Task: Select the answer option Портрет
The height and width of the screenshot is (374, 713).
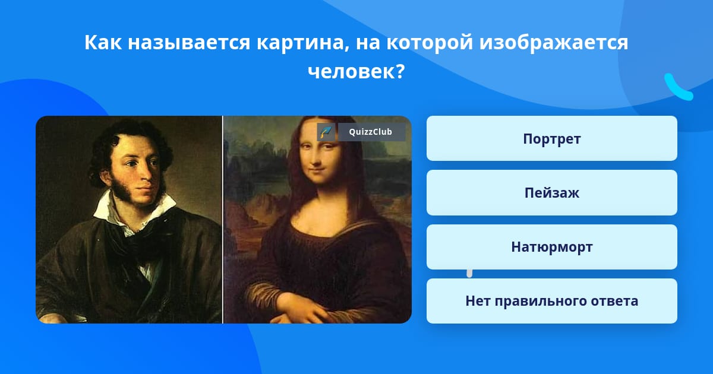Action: (551, 138)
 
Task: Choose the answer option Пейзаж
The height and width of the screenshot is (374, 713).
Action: (551, 192)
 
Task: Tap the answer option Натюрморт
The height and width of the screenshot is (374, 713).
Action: (551, 247)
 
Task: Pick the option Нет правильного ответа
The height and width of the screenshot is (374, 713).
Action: (551, 301)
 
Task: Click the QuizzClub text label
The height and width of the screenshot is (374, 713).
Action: (370, 132)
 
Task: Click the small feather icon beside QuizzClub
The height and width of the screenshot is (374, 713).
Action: (326, 132)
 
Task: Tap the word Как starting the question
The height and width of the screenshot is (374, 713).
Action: (102, 42)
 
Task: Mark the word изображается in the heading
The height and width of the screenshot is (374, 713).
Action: (554, 43)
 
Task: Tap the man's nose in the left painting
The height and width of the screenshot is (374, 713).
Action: (145, 173)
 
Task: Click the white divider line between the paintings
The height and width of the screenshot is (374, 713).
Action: (222, 220)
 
